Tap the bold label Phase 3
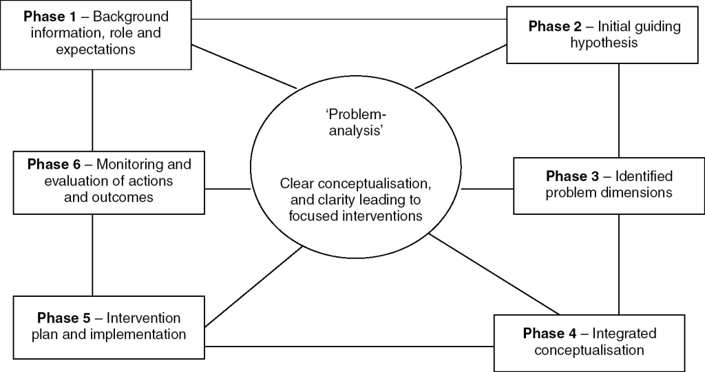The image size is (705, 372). (x=574, y=176)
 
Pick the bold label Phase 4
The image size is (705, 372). (x=551, y=334)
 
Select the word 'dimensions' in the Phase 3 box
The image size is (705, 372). (x=637, y=192)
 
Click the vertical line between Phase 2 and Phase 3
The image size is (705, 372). (x=618, y=110)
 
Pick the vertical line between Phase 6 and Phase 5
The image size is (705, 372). (x=92, y=255)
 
